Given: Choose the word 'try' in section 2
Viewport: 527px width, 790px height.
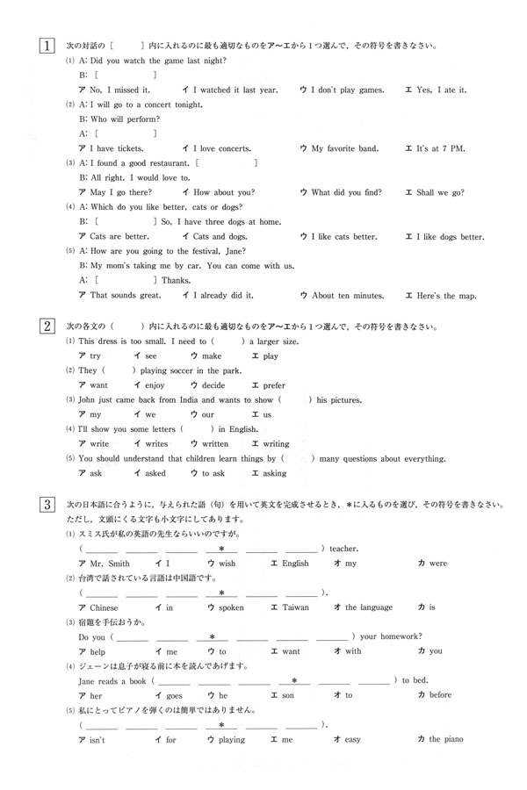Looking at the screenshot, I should (96, 355).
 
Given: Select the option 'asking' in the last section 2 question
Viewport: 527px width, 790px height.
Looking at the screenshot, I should (274, 473).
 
